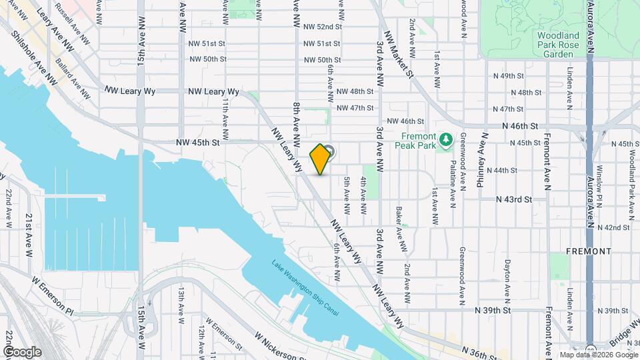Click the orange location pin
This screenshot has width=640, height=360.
tap(321, 159)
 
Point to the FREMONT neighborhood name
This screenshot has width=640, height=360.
tap(588, 251)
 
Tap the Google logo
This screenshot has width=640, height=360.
tap(22, 351)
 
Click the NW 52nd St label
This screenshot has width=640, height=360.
tap(322, 27)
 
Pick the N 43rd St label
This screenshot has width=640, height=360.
tap(514, 199)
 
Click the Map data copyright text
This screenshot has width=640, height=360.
tap(597, 355)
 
